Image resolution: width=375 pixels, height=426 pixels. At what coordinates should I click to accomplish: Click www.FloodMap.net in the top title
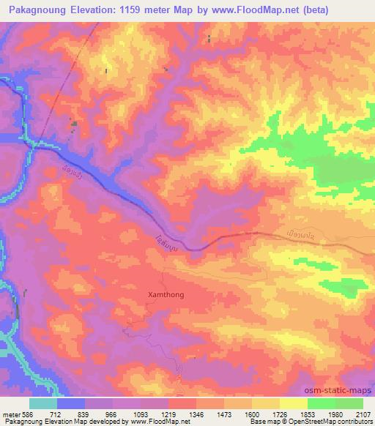tap(242, 10)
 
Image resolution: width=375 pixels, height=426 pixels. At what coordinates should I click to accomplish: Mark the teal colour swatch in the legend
tap(43, 403)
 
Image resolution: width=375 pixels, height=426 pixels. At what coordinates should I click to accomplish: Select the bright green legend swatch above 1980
tap(322, 403)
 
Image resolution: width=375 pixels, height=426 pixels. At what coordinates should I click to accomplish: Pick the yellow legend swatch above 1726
tap(266, 403)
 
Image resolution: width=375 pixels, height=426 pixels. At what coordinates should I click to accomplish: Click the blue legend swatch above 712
tap(71, 403)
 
